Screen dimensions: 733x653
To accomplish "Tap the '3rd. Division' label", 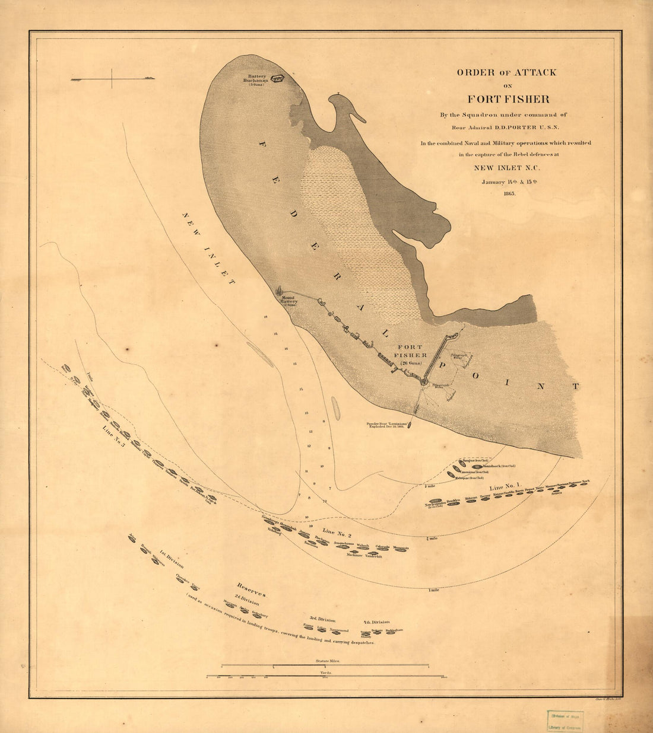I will click(x=322, y=619).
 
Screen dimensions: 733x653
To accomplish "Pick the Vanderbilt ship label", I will click(x=373, y=556).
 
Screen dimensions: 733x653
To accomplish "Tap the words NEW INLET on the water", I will click(x=207, y=249).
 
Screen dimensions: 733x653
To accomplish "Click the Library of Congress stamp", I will click(x=565, y=721).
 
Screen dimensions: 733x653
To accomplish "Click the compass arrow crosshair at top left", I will click(x=112, y=79).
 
